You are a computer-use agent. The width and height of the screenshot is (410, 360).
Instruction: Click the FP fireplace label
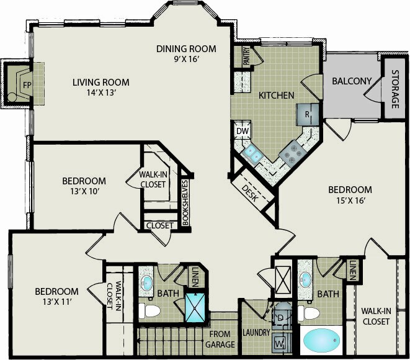(x=27, y=85)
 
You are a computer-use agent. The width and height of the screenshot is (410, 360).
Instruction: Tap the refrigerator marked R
(x=308, y=114)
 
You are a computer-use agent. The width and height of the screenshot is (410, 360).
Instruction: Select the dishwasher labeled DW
(x=243, y=130)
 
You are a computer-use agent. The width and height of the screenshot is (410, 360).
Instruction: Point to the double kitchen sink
(x=252, y=153)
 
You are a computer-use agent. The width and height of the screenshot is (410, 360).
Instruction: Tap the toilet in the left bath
(x=149, y=311)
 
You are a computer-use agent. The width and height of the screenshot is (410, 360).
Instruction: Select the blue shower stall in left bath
(x=195, y=307)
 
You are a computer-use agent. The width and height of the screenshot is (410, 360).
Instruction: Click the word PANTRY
(x=247, y=56)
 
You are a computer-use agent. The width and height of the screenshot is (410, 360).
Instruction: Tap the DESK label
(x=250, y=193)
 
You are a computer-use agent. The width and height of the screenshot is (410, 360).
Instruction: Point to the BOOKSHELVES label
(x=185, y=203)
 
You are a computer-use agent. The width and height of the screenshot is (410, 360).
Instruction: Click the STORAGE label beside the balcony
(x=395, y=89)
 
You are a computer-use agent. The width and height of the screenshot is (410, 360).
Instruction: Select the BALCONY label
(x=352, y=81)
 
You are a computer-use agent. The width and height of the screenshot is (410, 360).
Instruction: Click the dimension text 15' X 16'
(x=350, y=200)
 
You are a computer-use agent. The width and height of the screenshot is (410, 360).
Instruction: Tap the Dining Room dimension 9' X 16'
(x=187, y=59)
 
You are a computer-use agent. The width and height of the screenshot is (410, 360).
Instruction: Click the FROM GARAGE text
(x=220, y=340)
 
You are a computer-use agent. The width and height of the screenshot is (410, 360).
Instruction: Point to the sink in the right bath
(x=305, y=278)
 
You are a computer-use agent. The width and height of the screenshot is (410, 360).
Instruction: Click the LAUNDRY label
(x=256, y=332)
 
